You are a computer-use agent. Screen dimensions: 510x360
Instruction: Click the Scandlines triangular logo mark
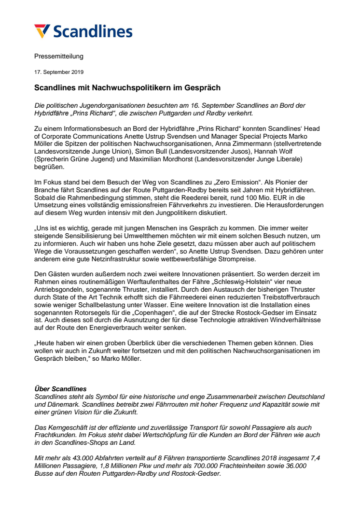(42, 31)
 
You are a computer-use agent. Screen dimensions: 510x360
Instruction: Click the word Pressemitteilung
(59, 56)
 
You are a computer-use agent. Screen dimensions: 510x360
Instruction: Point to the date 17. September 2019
(59, 72)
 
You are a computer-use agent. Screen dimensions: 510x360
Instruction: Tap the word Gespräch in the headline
(203, 88)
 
